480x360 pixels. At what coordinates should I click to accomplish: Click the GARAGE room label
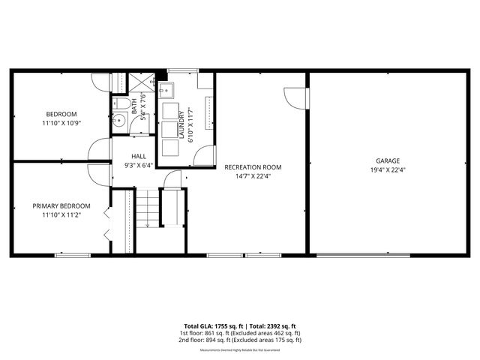[x=388, y=160]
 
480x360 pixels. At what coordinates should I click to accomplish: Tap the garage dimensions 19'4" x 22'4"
[x=388, y=169]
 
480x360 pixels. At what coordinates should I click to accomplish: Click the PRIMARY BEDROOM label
[x=61, y=205]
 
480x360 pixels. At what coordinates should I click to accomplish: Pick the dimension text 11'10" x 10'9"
[x=61, y=122]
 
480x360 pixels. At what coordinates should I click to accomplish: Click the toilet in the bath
[x=122, y=103]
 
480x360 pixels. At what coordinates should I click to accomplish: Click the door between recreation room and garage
[x=298, y=97]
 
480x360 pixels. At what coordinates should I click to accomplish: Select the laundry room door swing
[x=201, y=155]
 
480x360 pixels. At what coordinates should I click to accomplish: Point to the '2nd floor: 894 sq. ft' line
[x=240, y=340]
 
